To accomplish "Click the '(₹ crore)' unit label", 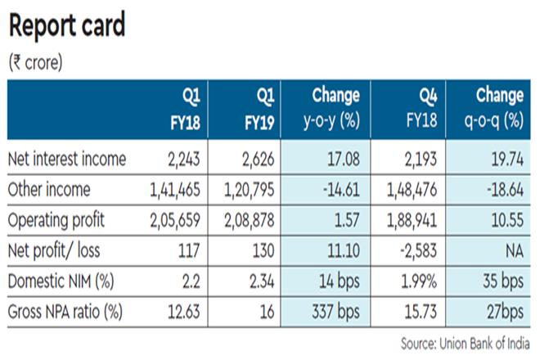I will [x=35, y=62].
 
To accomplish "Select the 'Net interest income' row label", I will [x=66, y=160].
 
